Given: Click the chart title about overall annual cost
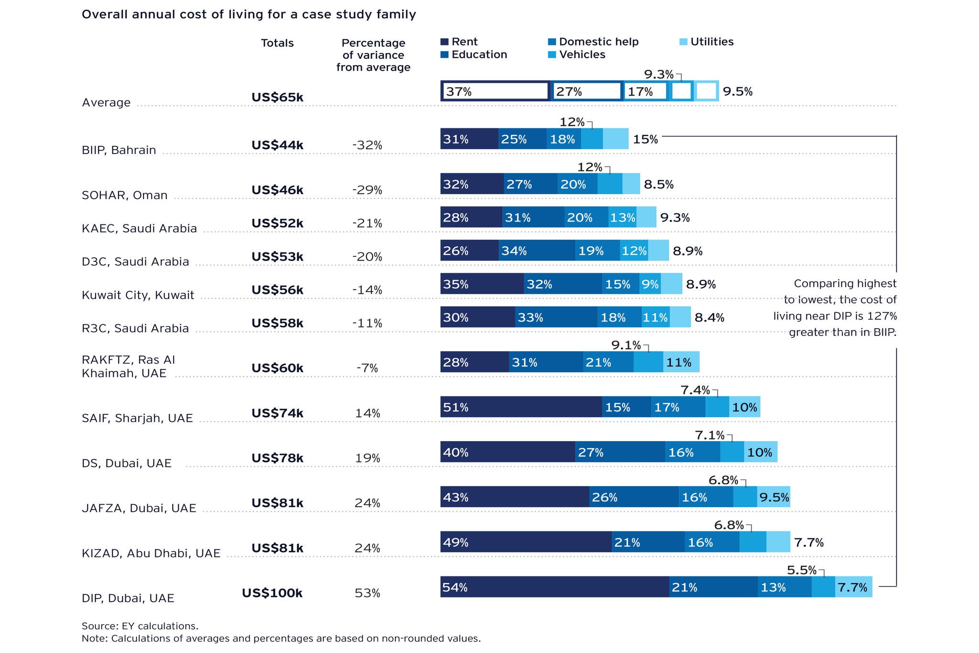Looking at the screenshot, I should (249, 14).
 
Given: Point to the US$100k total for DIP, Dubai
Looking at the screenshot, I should (272, 593).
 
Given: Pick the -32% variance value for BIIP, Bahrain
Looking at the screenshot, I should (367, 145).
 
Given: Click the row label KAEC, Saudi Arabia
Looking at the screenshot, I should (139, 228).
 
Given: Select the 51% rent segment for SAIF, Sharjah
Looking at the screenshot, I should (521, 407).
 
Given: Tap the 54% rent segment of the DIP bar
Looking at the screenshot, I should (555, 587).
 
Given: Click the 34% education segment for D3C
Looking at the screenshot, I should (537, 251).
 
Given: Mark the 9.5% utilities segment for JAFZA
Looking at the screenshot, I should (773, 497).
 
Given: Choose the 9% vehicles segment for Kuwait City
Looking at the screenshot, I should (650, 284).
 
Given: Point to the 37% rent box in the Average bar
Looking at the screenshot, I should (495, 91).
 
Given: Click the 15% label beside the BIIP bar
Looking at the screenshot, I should (645, 139).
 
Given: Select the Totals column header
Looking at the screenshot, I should (277, 43).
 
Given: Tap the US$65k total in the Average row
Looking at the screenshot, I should (277, 97).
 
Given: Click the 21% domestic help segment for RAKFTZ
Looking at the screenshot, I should (608, 362).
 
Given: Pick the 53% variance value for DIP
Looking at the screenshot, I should (367, 593).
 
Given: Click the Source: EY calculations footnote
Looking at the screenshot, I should (140, 626).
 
